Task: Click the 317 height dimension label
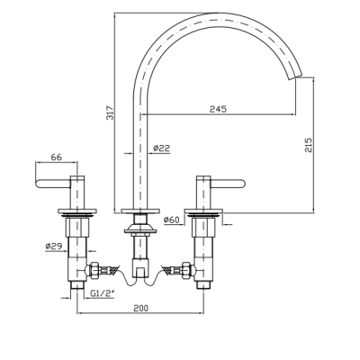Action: point(111,112)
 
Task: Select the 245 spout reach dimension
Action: point(218,109)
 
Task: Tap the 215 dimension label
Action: point(309,145)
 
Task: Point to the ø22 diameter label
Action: point(161,148)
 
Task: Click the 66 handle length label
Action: point(56,157)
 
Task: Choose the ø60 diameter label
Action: point(171,220)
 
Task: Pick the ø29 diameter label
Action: point(54,247)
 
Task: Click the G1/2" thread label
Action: point(103,293)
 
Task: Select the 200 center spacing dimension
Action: point(140,308)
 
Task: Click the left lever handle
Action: point(53,184)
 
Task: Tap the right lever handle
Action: point(228,184)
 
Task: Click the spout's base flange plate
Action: point(140,211)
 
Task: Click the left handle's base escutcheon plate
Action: point(77,211)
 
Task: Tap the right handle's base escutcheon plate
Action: point(203,211)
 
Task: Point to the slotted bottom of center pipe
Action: point(140,268)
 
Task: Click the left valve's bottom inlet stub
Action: point(77,285)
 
